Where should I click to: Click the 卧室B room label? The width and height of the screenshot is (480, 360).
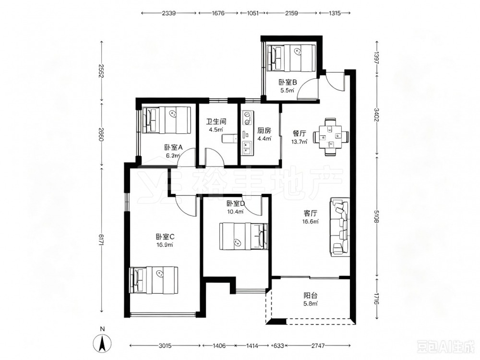(288, 83)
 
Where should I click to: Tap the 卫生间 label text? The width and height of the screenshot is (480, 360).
(216, 121)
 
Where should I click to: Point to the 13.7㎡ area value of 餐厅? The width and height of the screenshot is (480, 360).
(300, 141)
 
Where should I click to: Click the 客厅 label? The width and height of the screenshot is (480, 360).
(310, 213)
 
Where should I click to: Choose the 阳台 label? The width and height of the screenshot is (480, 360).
(311, 296)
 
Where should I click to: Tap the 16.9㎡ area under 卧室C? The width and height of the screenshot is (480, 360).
(165, 245)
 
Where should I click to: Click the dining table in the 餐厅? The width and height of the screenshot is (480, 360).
(331, 137)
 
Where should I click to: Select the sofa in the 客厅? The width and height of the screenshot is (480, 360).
(340, 227)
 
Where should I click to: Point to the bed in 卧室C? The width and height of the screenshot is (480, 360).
(154, 280)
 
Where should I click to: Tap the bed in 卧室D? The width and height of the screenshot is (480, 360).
(243, 236)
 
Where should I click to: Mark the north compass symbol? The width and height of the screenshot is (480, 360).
(102, 343)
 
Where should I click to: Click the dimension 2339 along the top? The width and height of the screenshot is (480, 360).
(168, 13)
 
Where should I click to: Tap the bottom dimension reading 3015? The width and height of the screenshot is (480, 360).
(165, 346)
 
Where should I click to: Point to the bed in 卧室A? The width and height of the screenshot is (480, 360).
(166, 120)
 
